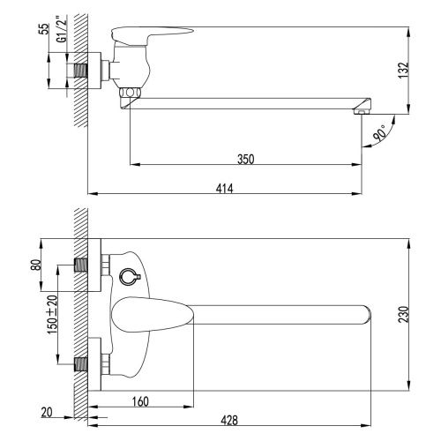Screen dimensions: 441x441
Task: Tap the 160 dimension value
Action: [x=140, y=400]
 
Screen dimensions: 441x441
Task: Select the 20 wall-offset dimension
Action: [x=46, y=411]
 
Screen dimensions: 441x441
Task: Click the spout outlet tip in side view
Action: [x=361, y=109]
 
